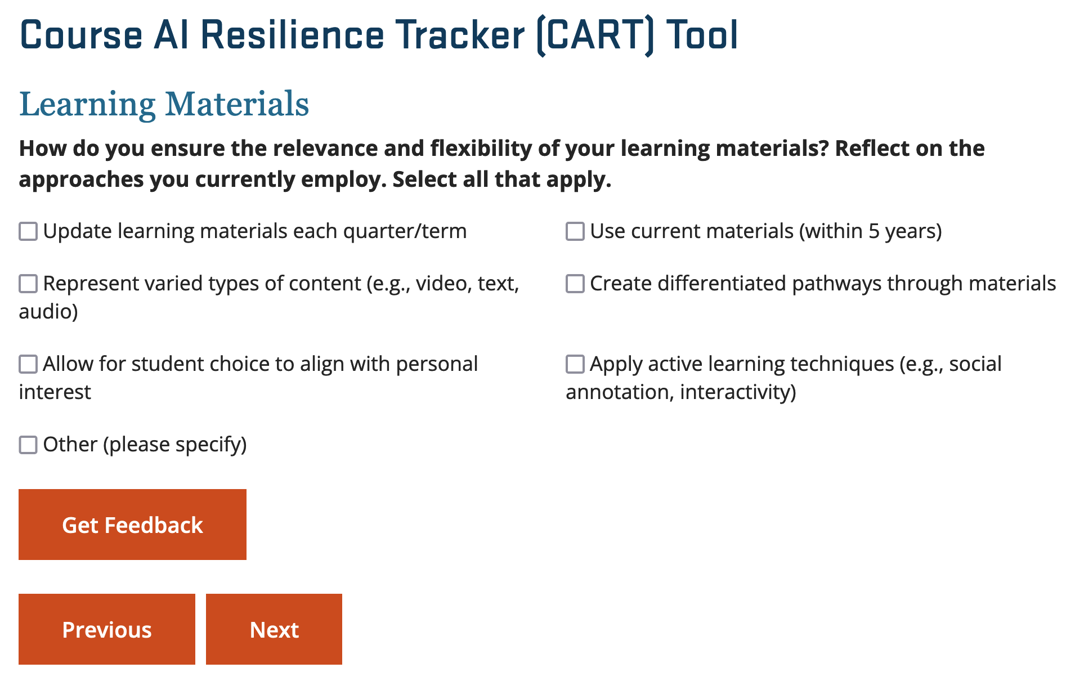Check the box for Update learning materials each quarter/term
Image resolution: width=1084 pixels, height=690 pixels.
(x=28, y=231)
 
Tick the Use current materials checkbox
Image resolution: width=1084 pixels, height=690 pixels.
(x=575, y=231)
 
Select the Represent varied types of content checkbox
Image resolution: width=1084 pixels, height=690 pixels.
(x=28, y=284)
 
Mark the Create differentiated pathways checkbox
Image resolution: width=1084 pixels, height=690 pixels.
(x=575, y=284)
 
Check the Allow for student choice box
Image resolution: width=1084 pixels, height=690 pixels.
(x=28, y=364)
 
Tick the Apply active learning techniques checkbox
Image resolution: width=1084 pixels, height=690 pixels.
(x=575, y=364)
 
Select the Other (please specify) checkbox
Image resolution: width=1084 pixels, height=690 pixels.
(x=28, y=445)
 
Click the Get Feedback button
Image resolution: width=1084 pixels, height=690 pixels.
(x=132, y=525)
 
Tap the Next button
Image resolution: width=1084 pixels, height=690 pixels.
(x=274, y=629)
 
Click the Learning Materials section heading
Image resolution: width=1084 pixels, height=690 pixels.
(x=164, y=104)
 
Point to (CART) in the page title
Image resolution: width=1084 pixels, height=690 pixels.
(x=595, y=36)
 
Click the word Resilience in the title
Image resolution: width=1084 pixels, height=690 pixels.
(x=293, y=35)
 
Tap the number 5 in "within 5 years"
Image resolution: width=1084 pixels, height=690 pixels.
(x=874, y=231)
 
